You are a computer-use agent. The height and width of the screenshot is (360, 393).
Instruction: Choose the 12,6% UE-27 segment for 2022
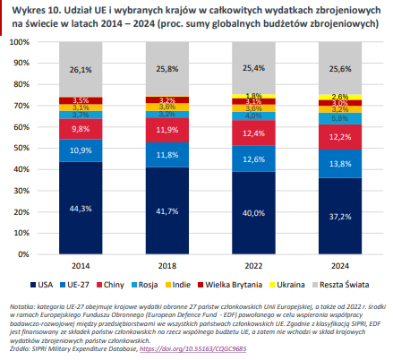(x=242, y=159)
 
